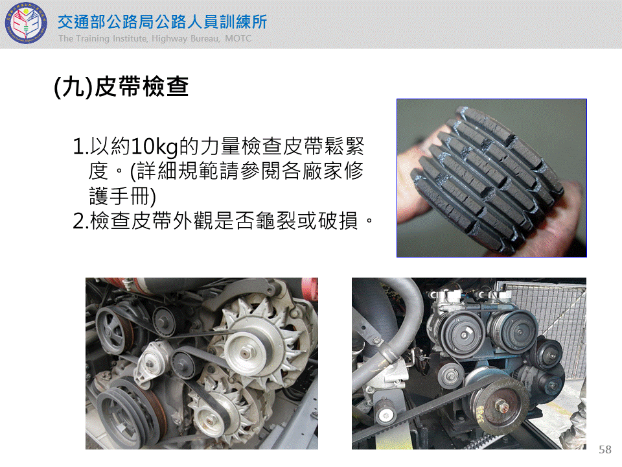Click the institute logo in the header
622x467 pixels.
[25, 23]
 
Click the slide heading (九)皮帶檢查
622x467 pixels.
[121, 86]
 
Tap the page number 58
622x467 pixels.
[605, 449]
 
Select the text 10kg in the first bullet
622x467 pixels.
[154, 147]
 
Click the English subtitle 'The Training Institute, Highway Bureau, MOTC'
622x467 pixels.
[155, 38]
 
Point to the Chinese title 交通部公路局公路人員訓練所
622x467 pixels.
[162, 22]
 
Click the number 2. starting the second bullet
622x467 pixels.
[80, 221]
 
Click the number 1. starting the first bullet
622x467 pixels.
[80, 147]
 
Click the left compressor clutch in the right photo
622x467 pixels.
[463, 335]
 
